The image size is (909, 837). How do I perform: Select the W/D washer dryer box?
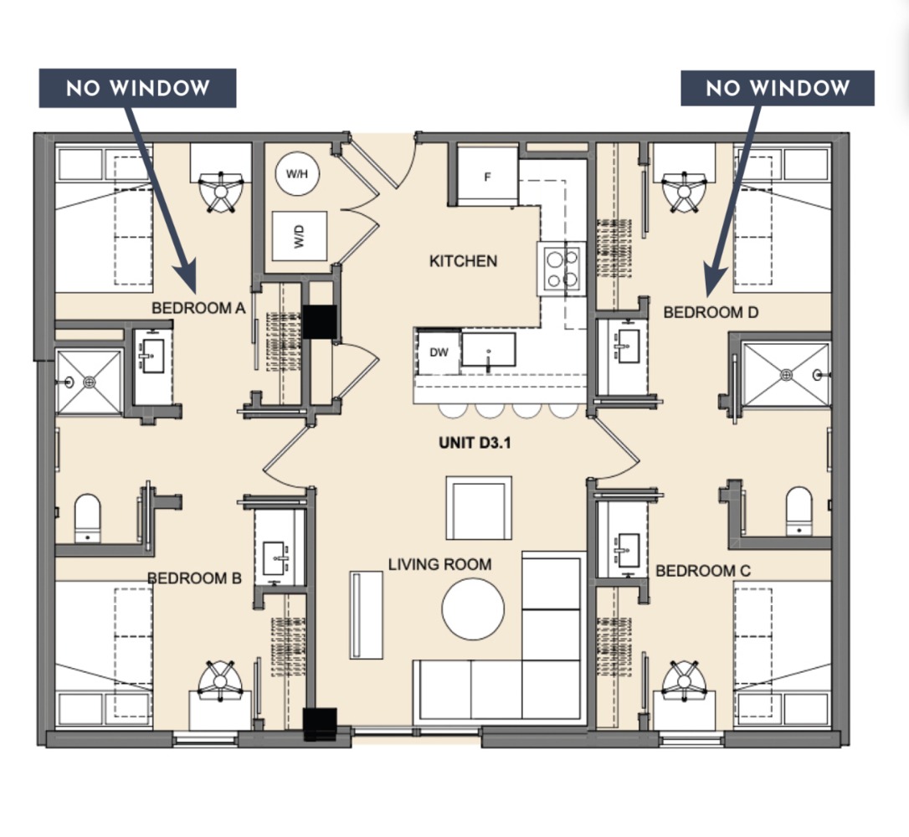(x=299, y=235)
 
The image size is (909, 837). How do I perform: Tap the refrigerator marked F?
(x=487, y=177)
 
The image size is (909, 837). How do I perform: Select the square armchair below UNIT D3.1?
(x=478, y=509)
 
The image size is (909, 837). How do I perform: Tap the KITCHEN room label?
(x=463, y=261)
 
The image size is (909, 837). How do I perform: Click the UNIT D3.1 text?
(x=475, y=443)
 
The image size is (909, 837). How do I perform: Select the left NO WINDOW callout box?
(x=137, y=88)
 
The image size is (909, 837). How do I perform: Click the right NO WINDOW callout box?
(x=777, y=88)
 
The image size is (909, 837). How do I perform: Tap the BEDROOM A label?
(x=198, y=308)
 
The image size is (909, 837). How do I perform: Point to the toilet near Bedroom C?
(x=799, y=510)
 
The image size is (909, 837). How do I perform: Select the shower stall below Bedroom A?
(x=90, y=382)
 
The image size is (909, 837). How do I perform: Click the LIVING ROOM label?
(x=439, y=564)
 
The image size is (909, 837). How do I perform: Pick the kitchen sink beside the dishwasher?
(x=489, y=349)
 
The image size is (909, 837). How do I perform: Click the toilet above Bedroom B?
(x=87, y=516)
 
